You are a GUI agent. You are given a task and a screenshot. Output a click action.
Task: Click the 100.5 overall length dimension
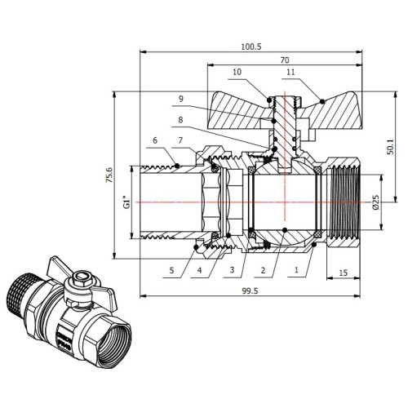pos(251,47)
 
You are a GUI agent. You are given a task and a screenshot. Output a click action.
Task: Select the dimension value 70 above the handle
pos(285,60)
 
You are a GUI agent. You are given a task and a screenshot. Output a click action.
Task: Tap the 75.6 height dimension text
pos(109,175)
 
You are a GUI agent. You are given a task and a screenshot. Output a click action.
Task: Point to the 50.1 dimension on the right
pos(390,147)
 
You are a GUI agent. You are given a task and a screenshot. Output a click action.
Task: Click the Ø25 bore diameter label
pos(375,202)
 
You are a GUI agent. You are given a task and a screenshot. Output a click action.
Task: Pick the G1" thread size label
pos(126,202)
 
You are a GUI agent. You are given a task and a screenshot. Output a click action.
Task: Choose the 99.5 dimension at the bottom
pos(250,290)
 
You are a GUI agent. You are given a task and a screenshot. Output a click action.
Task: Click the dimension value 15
pos(344,273)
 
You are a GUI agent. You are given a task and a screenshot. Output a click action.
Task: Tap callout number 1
pos(296,270)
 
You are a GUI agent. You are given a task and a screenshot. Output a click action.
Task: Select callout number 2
pos(263,270)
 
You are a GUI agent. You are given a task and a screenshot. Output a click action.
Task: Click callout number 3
pos(232,269)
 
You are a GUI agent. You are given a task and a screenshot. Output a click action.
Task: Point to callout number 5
pos(171,270)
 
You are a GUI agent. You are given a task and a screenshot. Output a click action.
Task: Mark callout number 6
pos(155,140)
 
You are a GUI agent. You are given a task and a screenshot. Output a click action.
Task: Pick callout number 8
pos(180,120)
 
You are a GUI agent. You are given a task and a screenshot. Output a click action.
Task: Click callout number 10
pos(237,72)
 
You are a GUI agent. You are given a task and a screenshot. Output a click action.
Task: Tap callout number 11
pos(290,72)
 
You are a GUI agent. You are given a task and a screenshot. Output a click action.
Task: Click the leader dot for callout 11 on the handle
pos(322,101)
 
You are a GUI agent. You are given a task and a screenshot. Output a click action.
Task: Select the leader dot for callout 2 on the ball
pos(285,230)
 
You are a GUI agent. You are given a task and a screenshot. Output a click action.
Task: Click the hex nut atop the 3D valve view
pos(80,278)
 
